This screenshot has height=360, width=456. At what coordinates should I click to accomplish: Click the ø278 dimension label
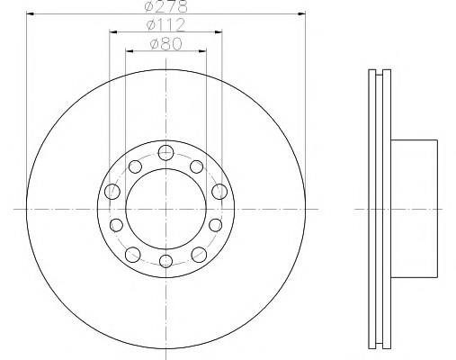(x=165, y=6)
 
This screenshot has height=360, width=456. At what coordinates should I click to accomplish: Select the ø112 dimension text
(x=165, y=25)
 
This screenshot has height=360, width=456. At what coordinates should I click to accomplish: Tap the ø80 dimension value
(x=165, y=44)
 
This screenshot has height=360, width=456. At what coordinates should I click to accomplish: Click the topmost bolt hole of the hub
(x=165, y=153)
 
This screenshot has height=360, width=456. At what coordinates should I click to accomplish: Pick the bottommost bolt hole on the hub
(x=165, y=261)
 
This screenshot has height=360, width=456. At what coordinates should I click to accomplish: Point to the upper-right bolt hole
(x=197, y=166)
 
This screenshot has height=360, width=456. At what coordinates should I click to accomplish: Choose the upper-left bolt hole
(x=135, y=166)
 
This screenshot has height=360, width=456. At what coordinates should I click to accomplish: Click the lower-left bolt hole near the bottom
(x=132, y=255)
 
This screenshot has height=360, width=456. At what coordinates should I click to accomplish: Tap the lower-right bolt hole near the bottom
(x=199, y=255)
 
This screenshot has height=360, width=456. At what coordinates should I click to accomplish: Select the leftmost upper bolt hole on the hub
(x=112, y=192)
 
